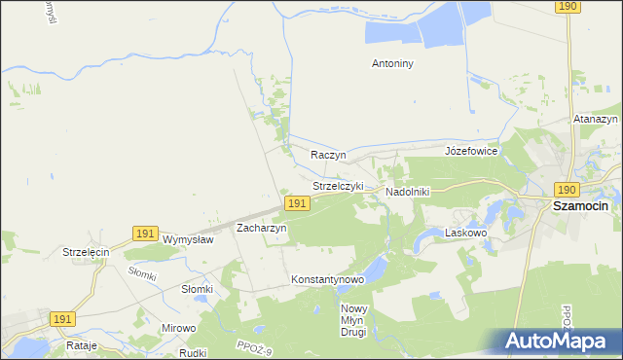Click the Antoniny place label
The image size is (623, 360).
point(393,64)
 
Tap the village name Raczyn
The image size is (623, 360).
point(328,155)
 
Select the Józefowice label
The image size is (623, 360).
point(471,151)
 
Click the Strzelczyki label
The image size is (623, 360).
point(338,185)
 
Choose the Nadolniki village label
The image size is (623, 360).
point(407,192)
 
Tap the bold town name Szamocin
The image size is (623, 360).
point(580,206)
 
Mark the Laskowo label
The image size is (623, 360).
point(464,234)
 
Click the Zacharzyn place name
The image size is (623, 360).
point(261,227)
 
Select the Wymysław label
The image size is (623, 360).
point(188,239)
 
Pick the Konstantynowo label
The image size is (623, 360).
point(327,279)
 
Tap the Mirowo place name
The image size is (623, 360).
point(178,328)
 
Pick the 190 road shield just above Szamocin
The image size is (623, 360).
point(568,189)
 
